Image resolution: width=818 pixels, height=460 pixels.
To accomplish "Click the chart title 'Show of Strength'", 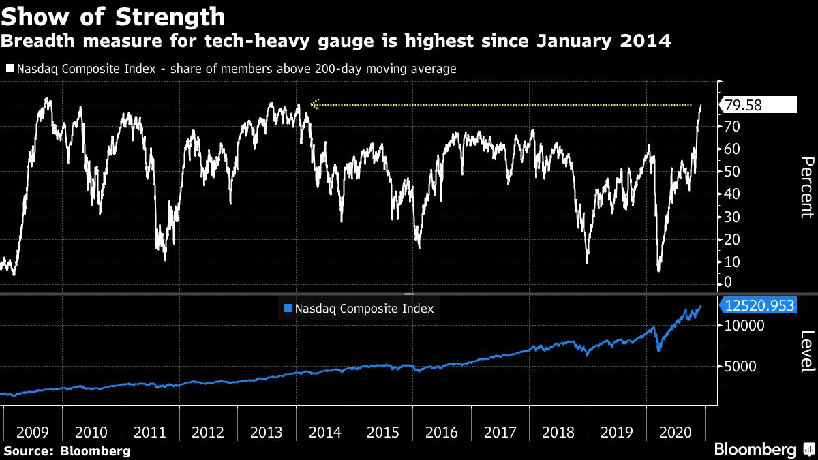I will point(113,16).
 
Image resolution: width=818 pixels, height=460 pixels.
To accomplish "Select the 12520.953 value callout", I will point(759,306).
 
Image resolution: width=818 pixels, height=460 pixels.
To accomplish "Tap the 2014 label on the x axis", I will point(325,432).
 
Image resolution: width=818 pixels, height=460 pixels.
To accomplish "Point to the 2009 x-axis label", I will point(33,432).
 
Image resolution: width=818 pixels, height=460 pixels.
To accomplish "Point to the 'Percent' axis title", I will point(806,187).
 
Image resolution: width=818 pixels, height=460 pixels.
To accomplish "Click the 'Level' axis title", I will point(806,352).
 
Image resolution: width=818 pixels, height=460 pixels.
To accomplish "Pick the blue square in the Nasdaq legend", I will point(288,309).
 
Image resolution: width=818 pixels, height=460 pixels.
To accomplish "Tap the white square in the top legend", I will point(10,69).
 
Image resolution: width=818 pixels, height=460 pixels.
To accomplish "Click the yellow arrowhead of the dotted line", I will point(314,104).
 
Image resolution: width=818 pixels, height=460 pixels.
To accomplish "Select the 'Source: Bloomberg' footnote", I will point(67,450).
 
